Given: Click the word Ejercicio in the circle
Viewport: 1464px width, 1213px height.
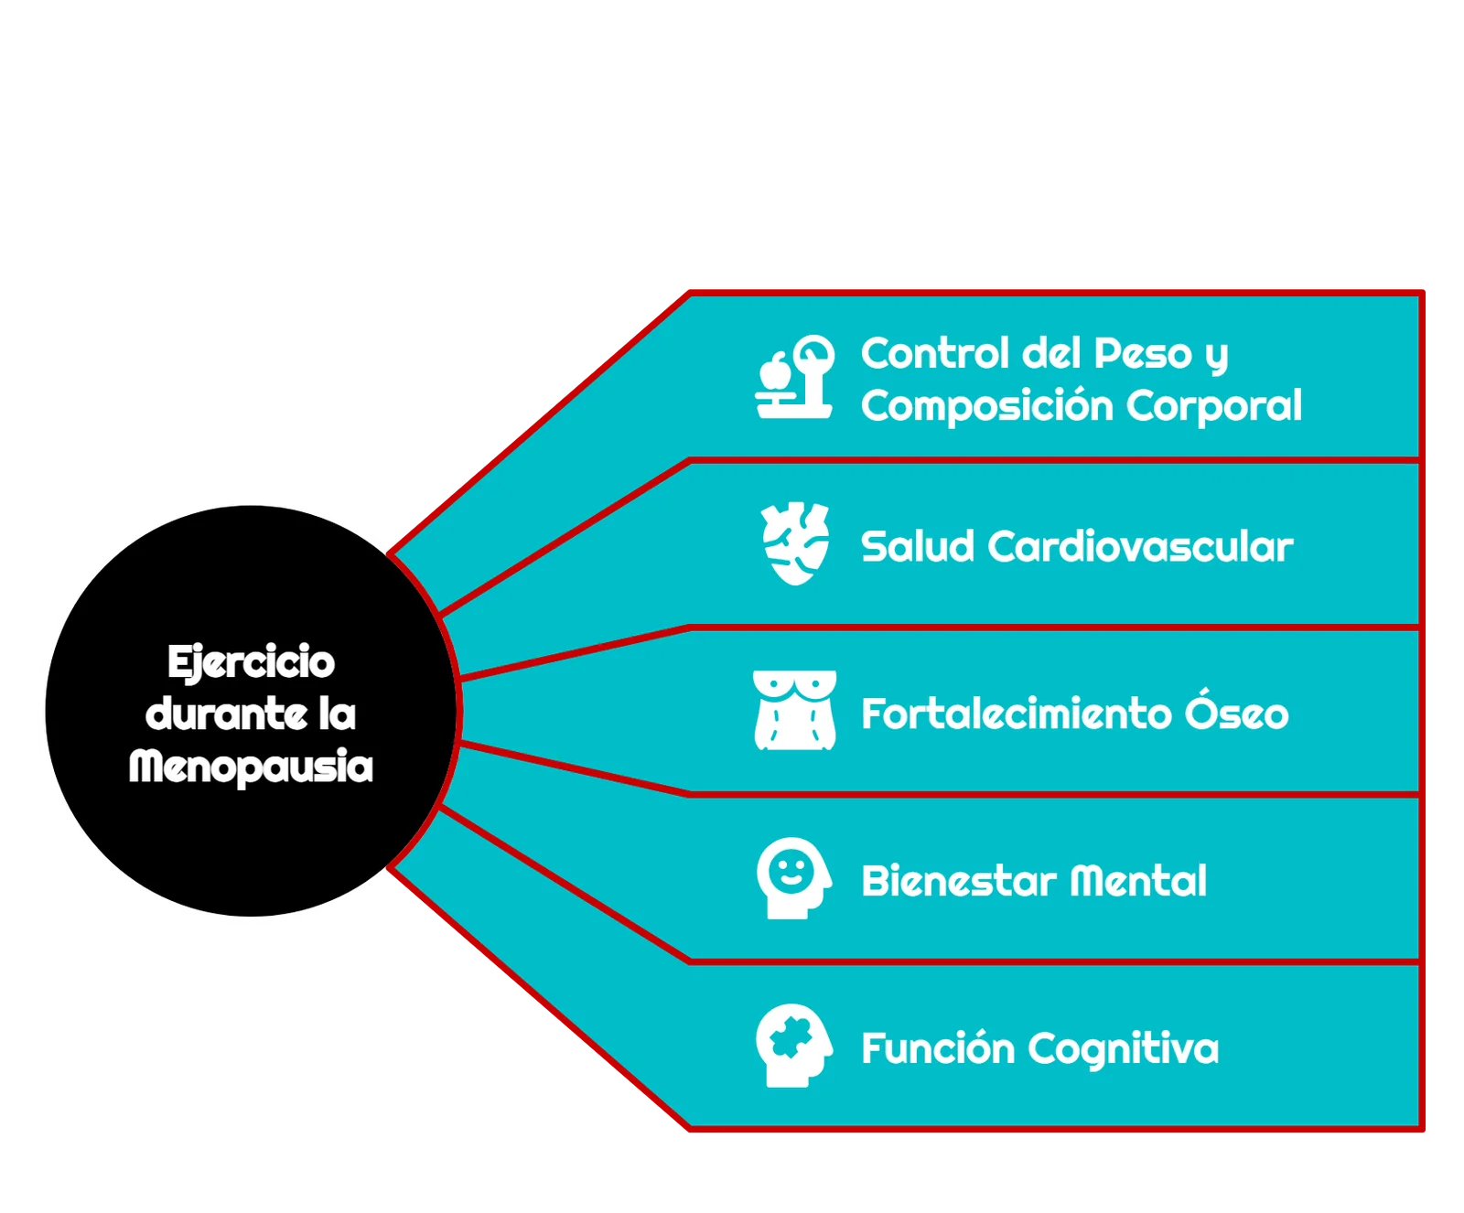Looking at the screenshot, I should (251, 663).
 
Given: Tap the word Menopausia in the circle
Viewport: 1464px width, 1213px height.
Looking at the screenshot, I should (251, 767).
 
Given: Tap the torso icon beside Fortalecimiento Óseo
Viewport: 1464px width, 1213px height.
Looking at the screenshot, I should (794, 711).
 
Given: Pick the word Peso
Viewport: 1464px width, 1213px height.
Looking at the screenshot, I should (1143, 354).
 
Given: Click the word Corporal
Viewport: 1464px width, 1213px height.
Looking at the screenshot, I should (1214, 406).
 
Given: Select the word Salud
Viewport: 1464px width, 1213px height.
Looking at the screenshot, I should (918, 547).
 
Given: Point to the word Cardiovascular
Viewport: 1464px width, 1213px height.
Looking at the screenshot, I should (1140, 547).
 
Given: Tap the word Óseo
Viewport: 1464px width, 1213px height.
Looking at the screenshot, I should (1237, 713).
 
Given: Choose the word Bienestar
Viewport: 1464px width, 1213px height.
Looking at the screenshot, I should (959, 882).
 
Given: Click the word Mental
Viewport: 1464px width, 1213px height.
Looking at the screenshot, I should (1138, 882).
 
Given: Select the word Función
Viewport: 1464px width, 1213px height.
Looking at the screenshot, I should (937, 1048).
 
